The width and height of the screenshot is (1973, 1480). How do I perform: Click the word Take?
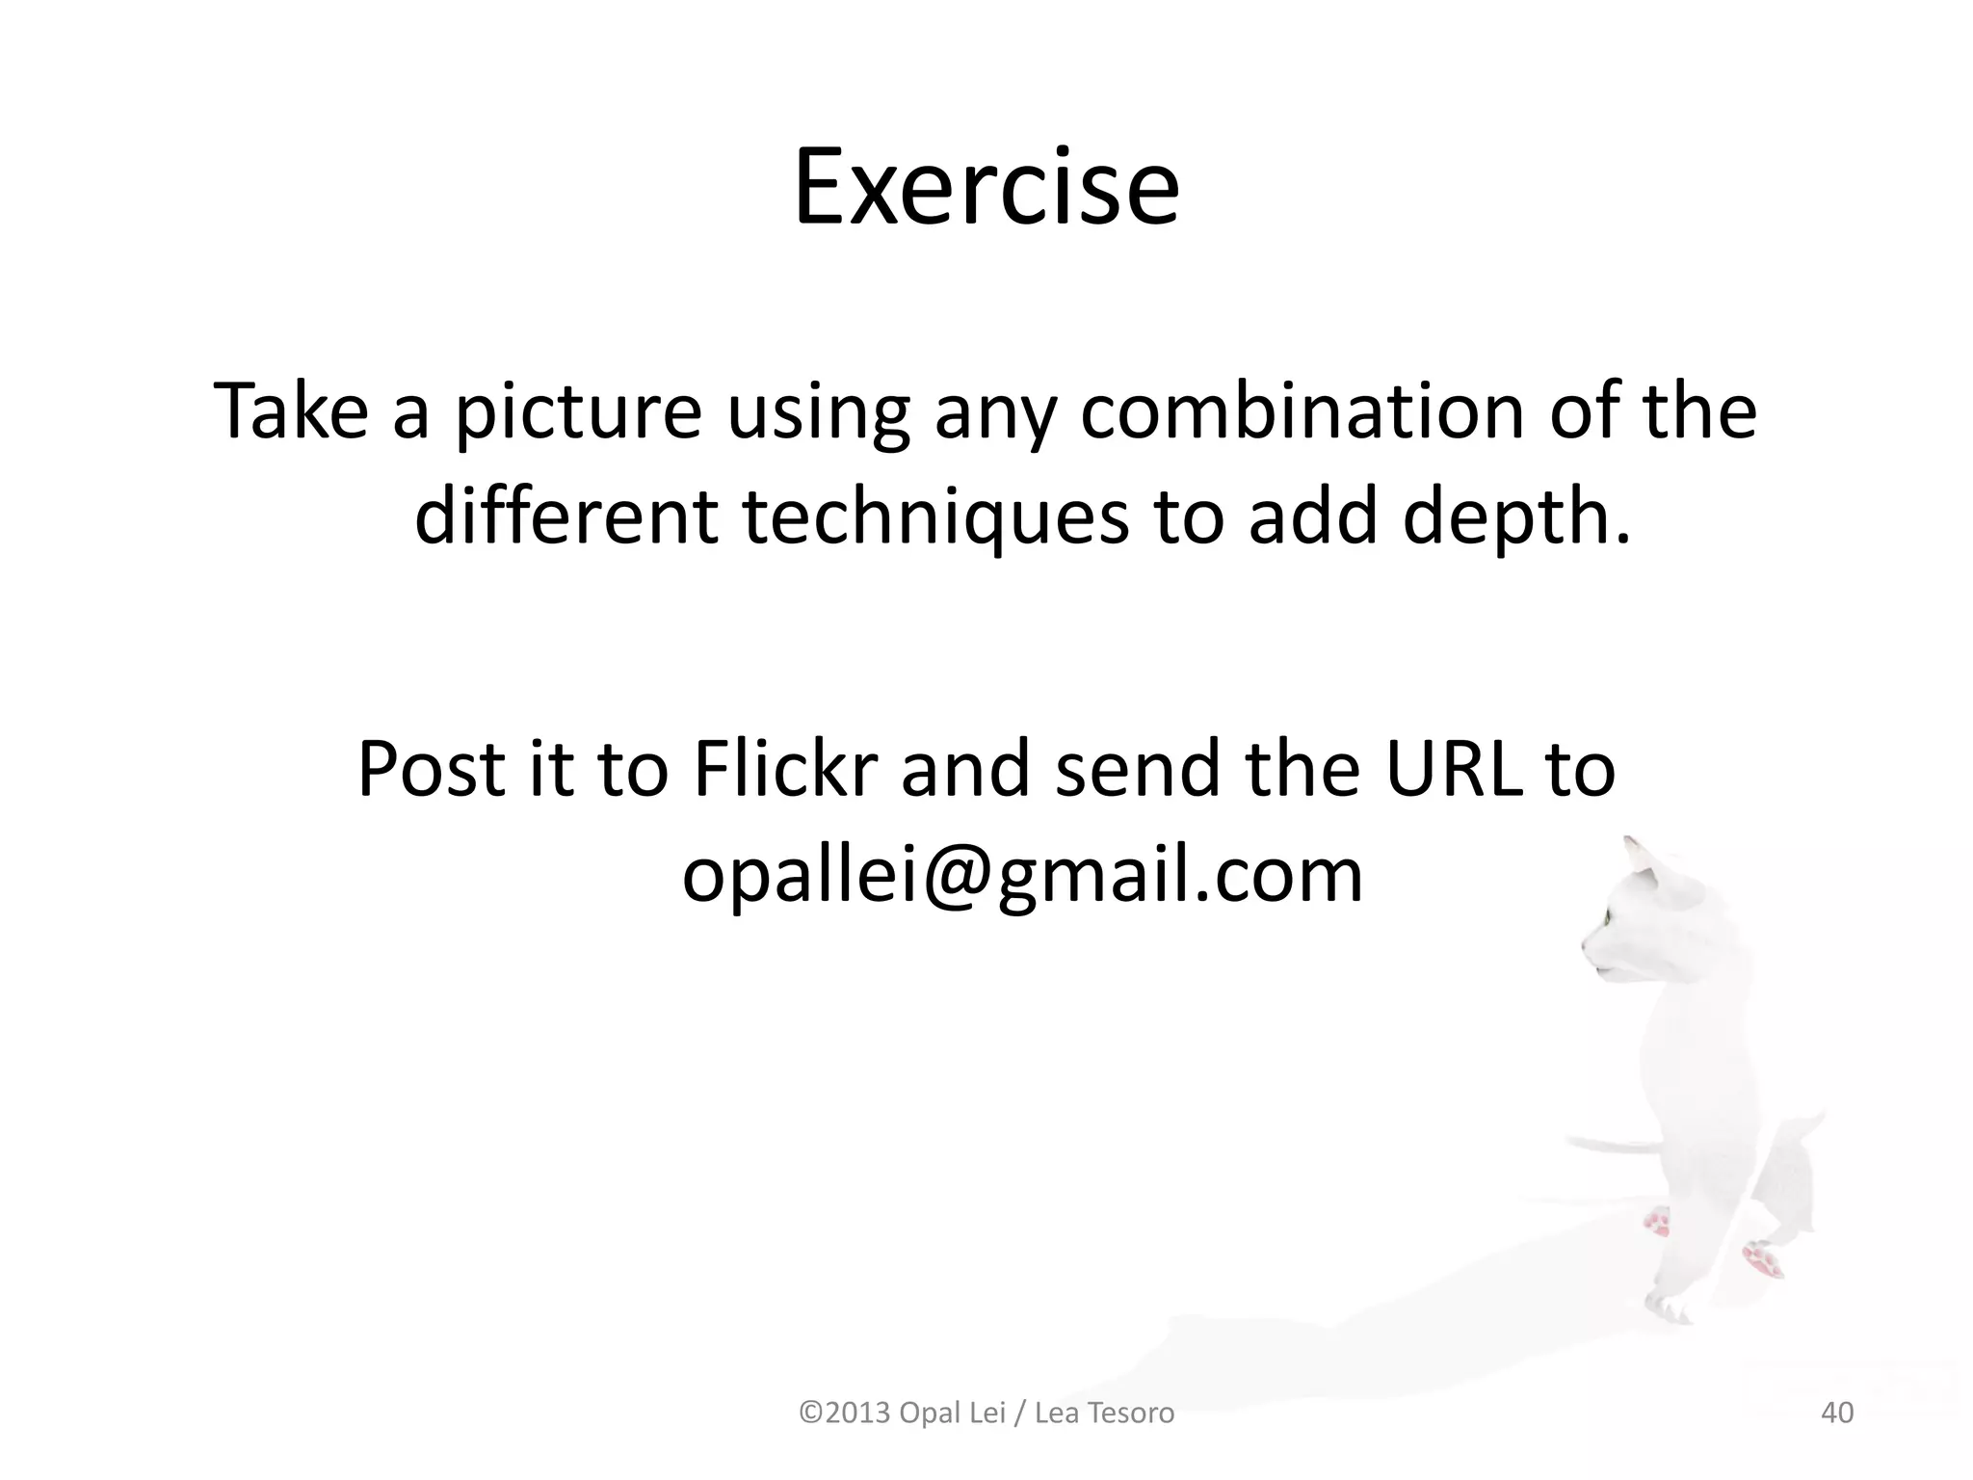click(291, 411)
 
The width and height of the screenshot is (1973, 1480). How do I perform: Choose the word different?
click(566, 516)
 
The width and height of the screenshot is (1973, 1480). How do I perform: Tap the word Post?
click(431, 769)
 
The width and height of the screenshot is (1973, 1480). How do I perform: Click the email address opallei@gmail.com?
click(1022, 875)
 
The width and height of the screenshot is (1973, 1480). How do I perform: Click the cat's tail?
click(1609, 1145)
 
